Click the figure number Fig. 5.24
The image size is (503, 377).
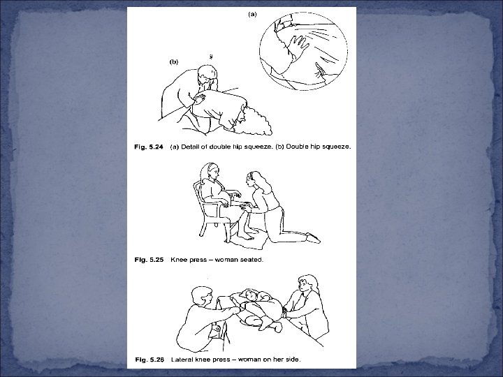[x=149, y=147]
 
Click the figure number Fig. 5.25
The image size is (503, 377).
[x=149, y=259]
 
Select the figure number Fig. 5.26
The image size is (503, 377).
[x=150, y=360]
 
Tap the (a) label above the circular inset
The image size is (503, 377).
[x=253, y=14]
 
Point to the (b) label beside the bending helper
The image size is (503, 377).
[x=173, y=62]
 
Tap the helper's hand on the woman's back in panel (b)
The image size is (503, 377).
[x=200, y=98]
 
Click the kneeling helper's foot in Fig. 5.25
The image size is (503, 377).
[x=313, y=237]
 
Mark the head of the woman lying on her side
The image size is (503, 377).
[x=249, y=295]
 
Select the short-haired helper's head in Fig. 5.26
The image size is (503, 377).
[x=202, y=297]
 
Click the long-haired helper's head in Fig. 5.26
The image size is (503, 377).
[x=307, y=283]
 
